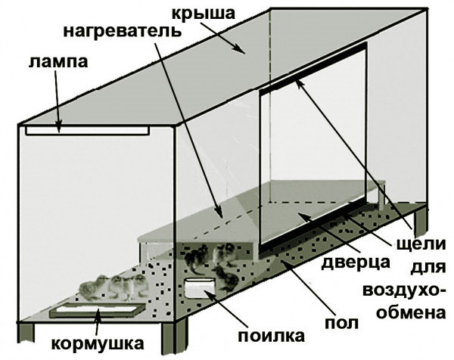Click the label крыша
point(204,14)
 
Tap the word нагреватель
point(122,31)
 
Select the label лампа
point(58,62)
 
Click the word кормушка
point(98,343)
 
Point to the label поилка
point(272,336)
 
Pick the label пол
point(341,323)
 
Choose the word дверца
point(356,263)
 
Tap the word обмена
point(411,312)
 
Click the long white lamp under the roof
point(88,131)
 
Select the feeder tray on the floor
point(98,311)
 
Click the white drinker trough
point(201,288)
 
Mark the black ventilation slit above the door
point(313,67)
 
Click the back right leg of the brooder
point(421,221)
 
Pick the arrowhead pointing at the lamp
point(59,128)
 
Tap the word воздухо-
point(405,290)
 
